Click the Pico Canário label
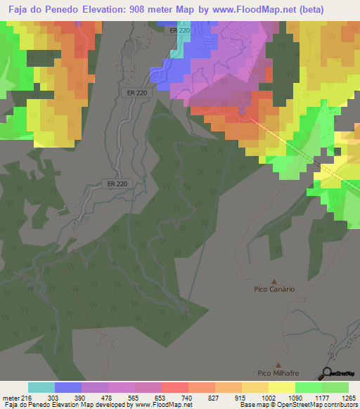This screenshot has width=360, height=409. (274, 289)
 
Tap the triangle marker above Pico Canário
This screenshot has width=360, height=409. (274, 280)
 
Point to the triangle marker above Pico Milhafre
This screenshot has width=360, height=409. (278, 365)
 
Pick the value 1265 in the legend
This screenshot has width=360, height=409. (349, 397)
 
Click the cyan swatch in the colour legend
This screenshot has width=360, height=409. (41, 387)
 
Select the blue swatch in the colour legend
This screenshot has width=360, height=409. (68, 387)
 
